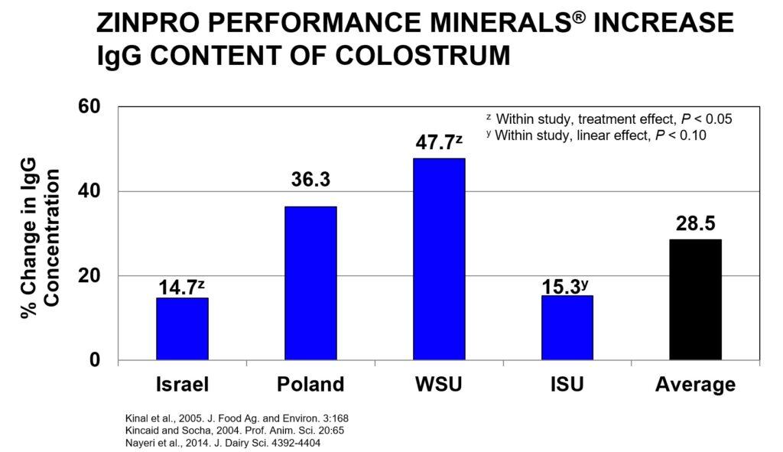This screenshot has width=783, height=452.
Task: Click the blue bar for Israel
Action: tap(182, 329)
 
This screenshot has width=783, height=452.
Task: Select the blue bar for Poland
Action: tap(310, 283)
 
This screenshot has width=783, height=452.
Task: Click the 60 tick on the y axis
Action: tap(89, 106)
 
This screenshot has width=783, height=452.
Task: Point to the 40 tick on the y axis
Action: tap(89, 191)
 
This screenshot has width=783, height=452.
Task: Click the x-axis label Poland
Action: tap(310, 384)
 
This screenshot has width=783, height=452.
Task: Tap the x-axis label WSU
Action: tap(439, 384)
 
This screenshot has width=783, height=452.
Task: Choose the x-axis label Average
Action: tap(695, 384)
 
